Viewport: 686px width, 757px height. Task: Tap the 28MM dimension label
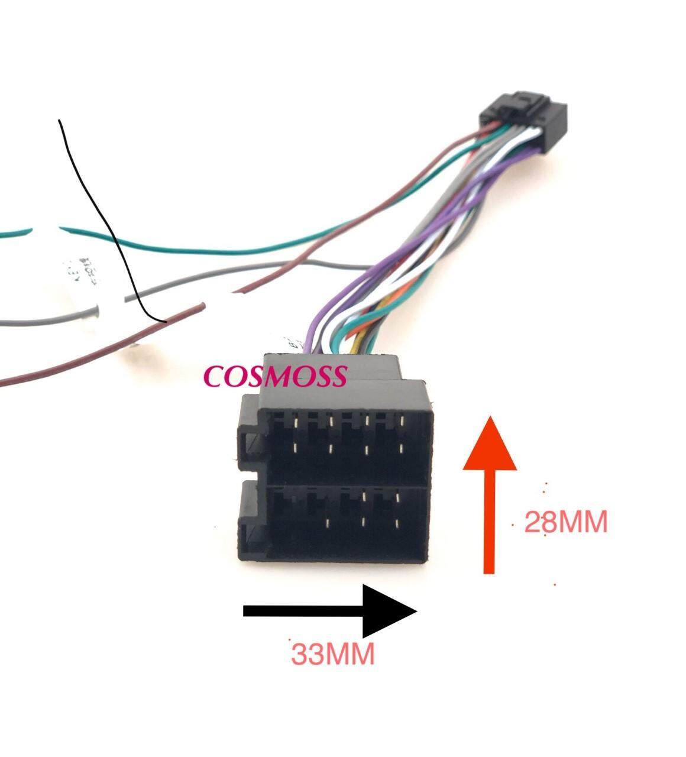(566, 522)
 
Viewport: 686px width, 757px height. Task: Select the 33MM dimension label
(333, 654)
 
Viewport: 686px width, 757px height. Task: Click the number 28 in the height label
(537, 522)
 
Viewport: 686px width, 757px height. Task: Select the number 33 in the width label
(306, 654)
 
